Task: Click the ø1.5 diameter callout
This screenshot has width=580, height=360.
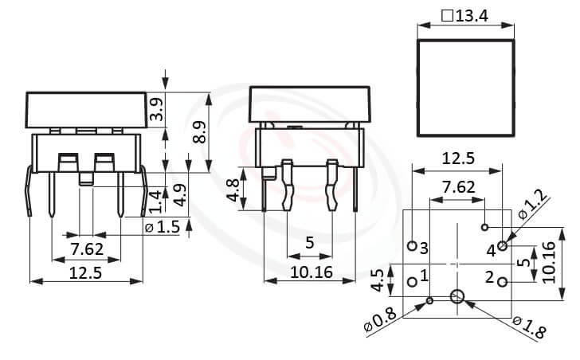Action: (163, 228)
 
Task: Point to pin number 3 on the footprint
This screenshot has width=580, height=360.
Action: (425, 248)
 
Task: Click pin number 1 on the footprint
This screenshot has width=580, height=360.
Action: (425, 276)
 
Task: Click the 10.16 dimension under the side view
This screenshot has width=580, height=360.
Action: (308, 271)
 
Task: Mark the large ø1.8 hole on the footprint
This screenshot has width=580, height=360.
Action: (456, 298)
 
